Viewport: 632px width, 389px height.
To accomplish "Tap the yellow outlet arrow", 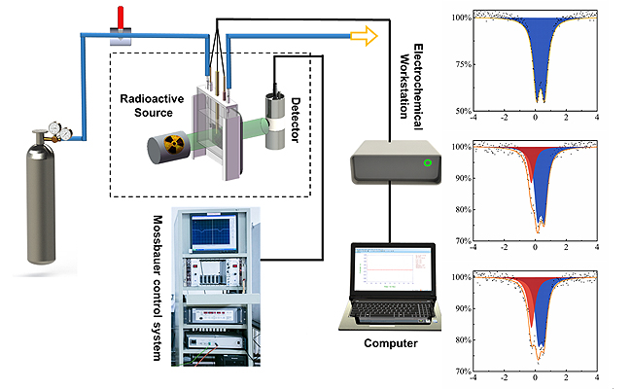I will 363,35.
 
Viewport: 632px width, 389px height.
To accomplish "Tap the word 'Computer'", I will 390,343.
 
